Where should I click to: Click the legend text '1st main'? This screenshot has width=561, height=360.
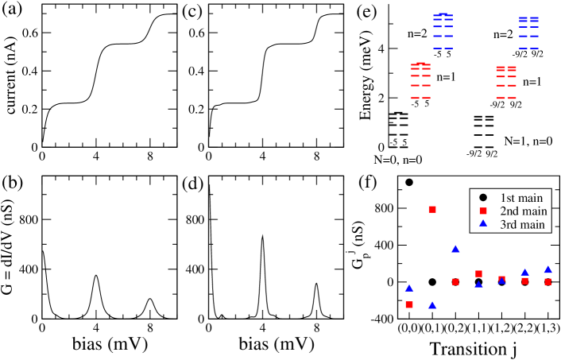(520, 197)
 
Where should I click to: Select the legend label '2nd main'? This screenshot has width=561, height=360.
(523, 211)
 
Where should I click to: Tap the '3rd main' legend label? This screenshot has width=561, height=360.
(523, 225)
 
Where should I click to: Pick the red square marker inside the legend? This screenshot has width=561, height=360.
(482, 211)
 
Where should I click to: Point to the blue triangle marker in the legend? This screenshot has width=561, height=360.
(482, 224)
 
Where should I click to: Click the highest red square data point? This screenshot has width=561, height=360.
(432, 209)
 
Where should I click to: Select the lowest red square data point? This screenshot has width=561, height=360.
(409, 304)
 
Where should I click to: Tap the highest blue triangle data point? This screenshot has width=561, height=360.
(455, 249)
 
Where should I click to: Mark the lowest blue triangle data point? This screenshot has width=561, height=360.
(432, 305)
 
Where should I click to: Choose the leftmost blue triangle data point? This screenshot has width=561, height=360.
(409, 288)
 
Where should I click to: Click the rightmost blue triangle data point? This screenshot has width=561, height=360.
(547, 269)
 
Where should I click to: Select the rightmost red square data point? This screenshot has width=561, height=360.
(547, 281)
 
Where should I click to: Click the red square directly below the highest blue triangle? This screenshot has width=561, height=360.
(455, 281)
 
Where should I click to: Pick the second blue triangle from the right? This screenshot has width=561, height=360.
(524, 272)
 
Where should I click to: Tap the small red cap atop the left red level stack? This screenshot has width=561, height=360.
(420, 63)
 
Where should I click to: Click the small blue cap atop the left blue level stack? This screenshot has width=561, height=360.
(443, 14)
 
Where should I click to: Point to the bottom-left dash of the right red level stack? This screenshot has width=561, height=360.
(501, 98)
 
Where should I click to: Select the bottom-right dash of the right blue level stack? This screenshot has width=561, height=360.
(533, 48)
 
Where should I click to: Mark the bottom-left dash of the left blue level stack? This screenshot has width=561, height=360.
(437, 48)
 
